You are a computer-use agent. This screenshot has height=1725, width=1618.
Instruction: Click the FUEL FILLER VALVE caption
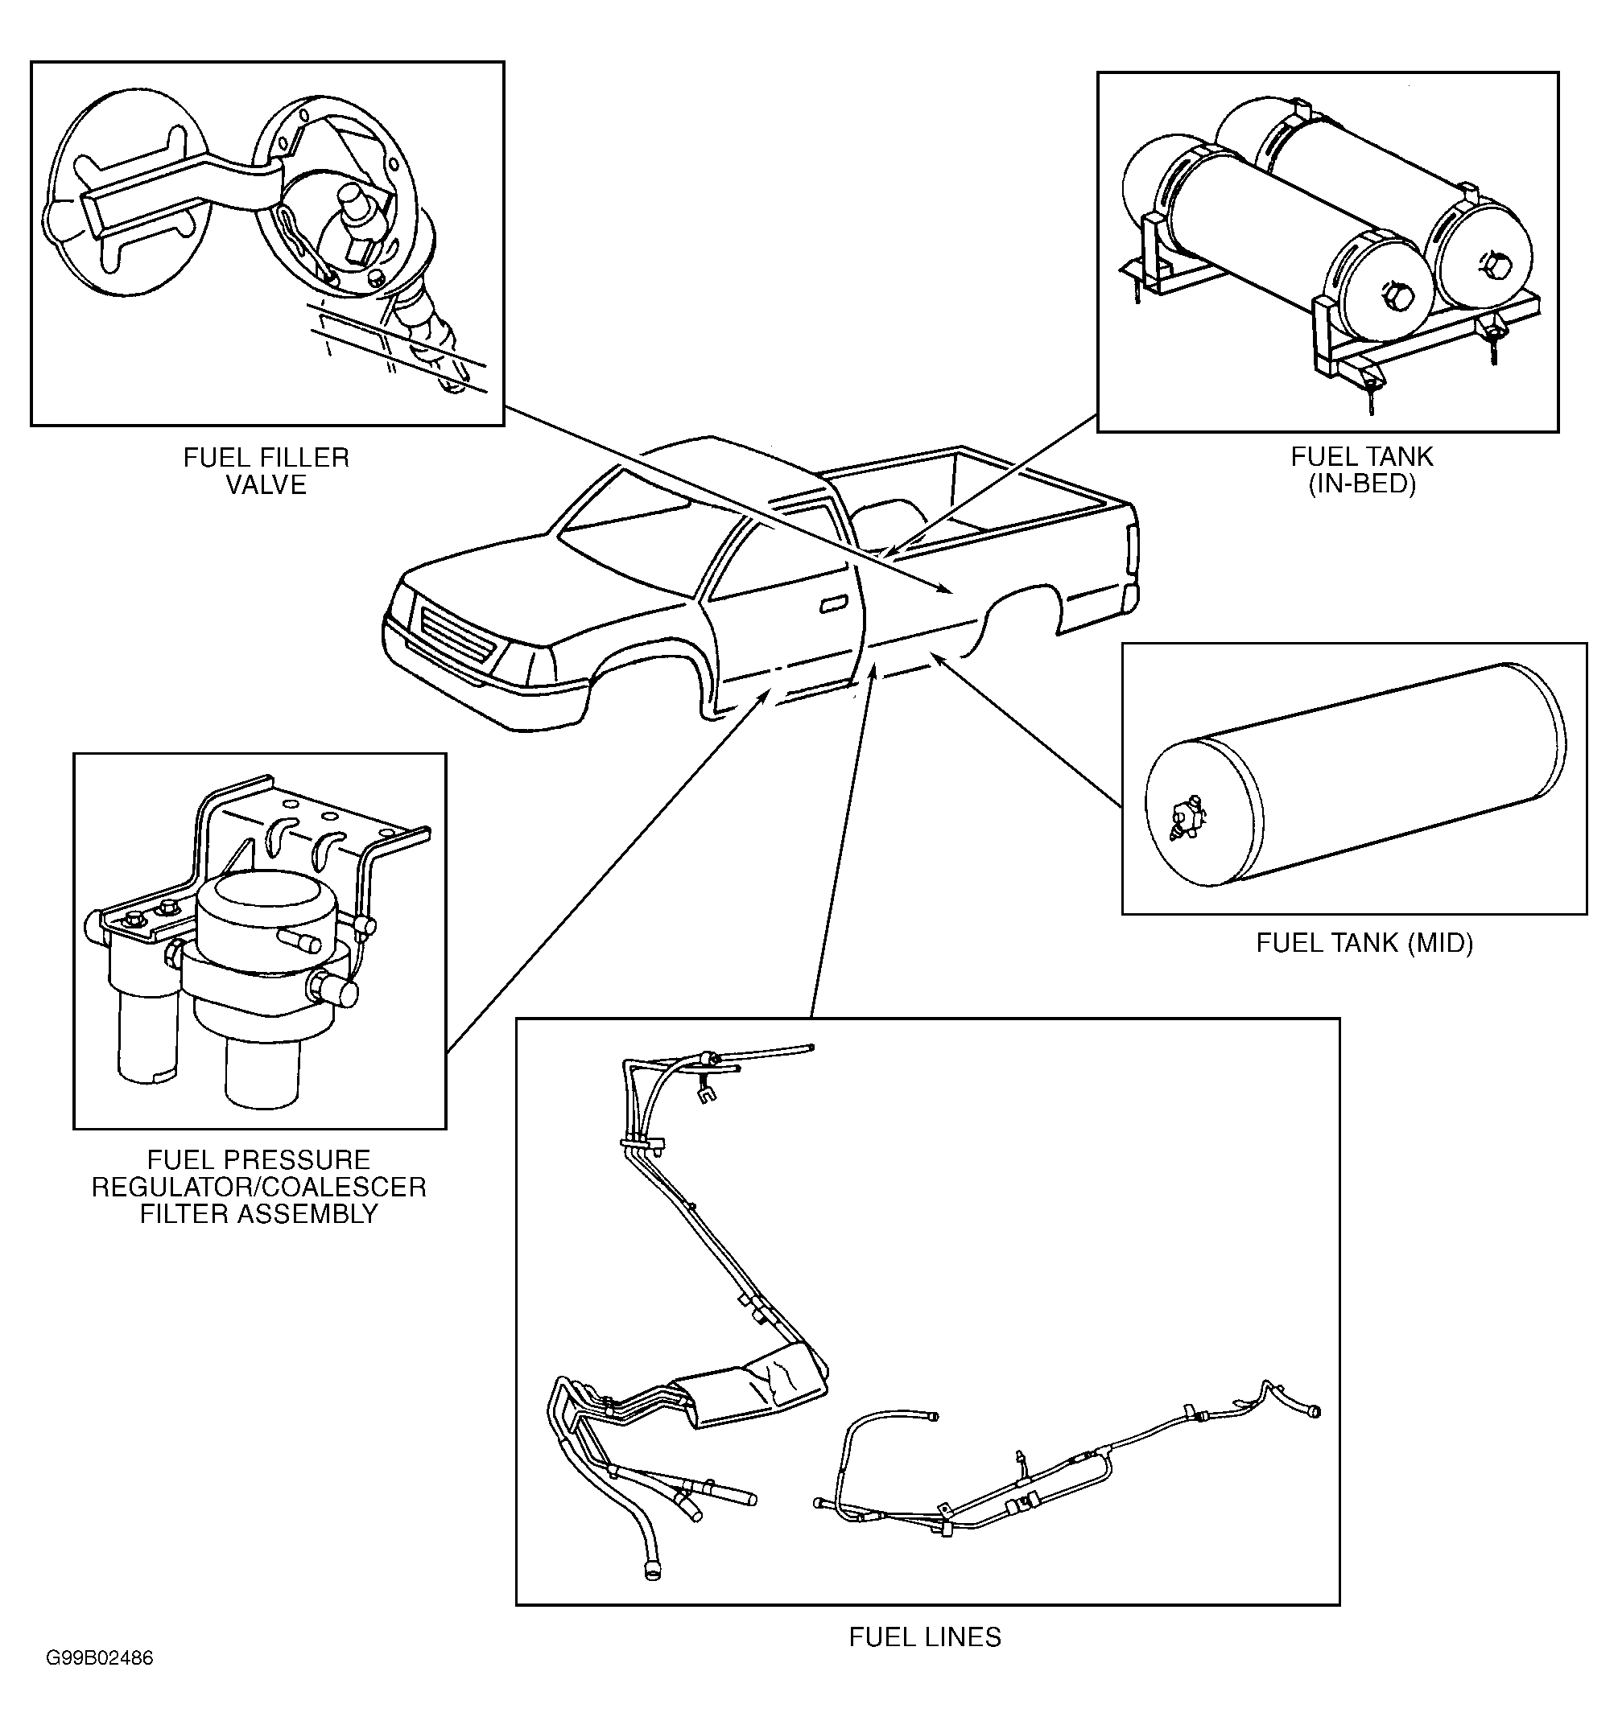tap(266, 471)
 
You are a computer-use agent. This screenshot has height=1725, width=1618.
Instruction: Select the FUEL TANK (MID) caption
tap(1364, 942)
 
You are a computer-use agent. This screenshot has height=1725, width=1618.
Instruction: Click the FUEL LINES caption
tap(924, 1636)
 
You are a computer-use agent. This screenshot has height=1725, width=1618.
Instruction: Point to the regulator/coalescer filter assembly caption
tap(258, 1186)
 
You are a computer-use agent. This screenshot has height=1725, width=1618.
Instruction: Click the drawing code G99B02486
tap(100, 1658)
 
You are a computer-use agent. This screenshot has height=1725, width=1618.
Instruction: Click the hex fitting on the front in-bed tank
tap(1397, 298)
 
